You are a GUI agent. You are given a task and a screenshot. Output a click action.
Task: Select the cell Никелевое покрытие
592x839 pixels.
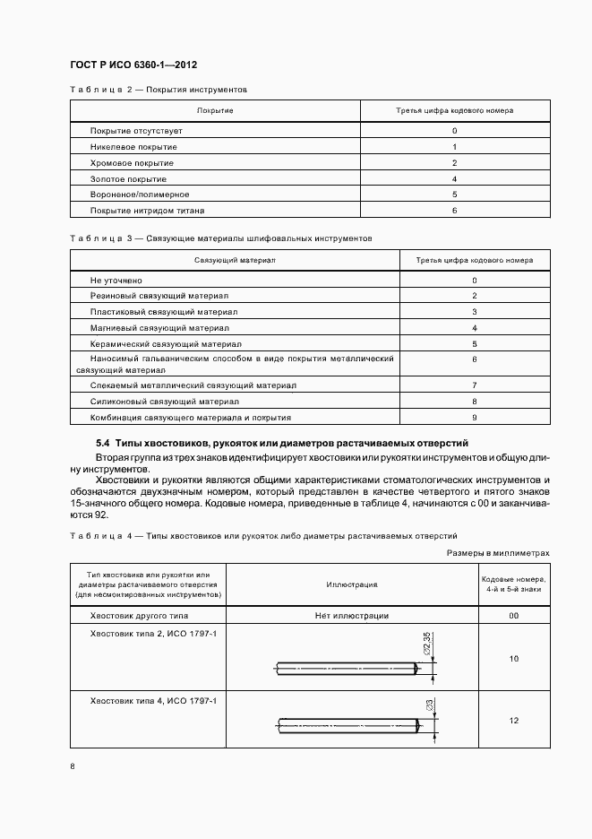(133, 147)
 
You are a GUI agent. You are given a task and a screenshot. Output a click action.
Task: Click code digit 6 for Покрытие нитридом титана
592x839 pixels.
(455, 211)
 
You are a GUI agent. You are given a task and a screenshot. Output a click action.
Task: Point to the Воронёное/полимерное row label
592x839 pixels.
(140, 195)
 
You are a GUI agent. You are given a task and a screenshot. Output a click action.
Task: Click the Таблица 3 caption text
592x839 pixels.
(220, 238)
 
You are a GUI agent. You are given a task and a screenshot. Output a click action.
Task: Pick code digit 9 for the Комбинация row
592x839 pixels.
(474, 418)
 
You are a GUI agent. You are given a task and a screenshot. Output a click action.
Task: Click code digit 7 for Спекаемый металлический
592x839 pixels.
(474, 385)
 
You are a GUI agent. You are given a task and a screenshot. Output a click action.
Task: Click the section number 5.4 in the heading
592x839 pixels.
(102, 445)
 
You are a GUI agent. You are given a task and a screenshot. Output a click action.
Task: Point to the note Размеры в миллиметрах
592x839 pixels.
(498, 554)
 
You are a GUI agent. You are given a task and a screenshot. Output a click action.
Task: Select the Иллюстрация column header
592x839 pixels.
(352, 584)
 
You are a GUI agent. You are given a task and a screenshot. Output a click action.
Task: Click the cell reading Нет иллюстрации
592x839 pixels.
(352, 616)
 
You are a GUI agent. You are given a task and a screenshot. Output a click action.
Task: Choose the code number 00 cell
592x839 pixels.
(514, 616)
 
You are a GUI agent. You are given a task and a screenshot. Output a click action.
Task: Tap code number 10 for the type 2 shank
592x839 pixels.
(514, 659)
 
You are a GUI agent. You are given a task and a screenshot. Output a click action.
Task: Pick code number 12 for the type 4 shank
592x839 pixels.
(514, 721)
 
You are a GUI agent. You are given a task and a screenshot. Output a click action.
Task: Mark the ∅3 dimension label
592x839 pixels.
(430, 705)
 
